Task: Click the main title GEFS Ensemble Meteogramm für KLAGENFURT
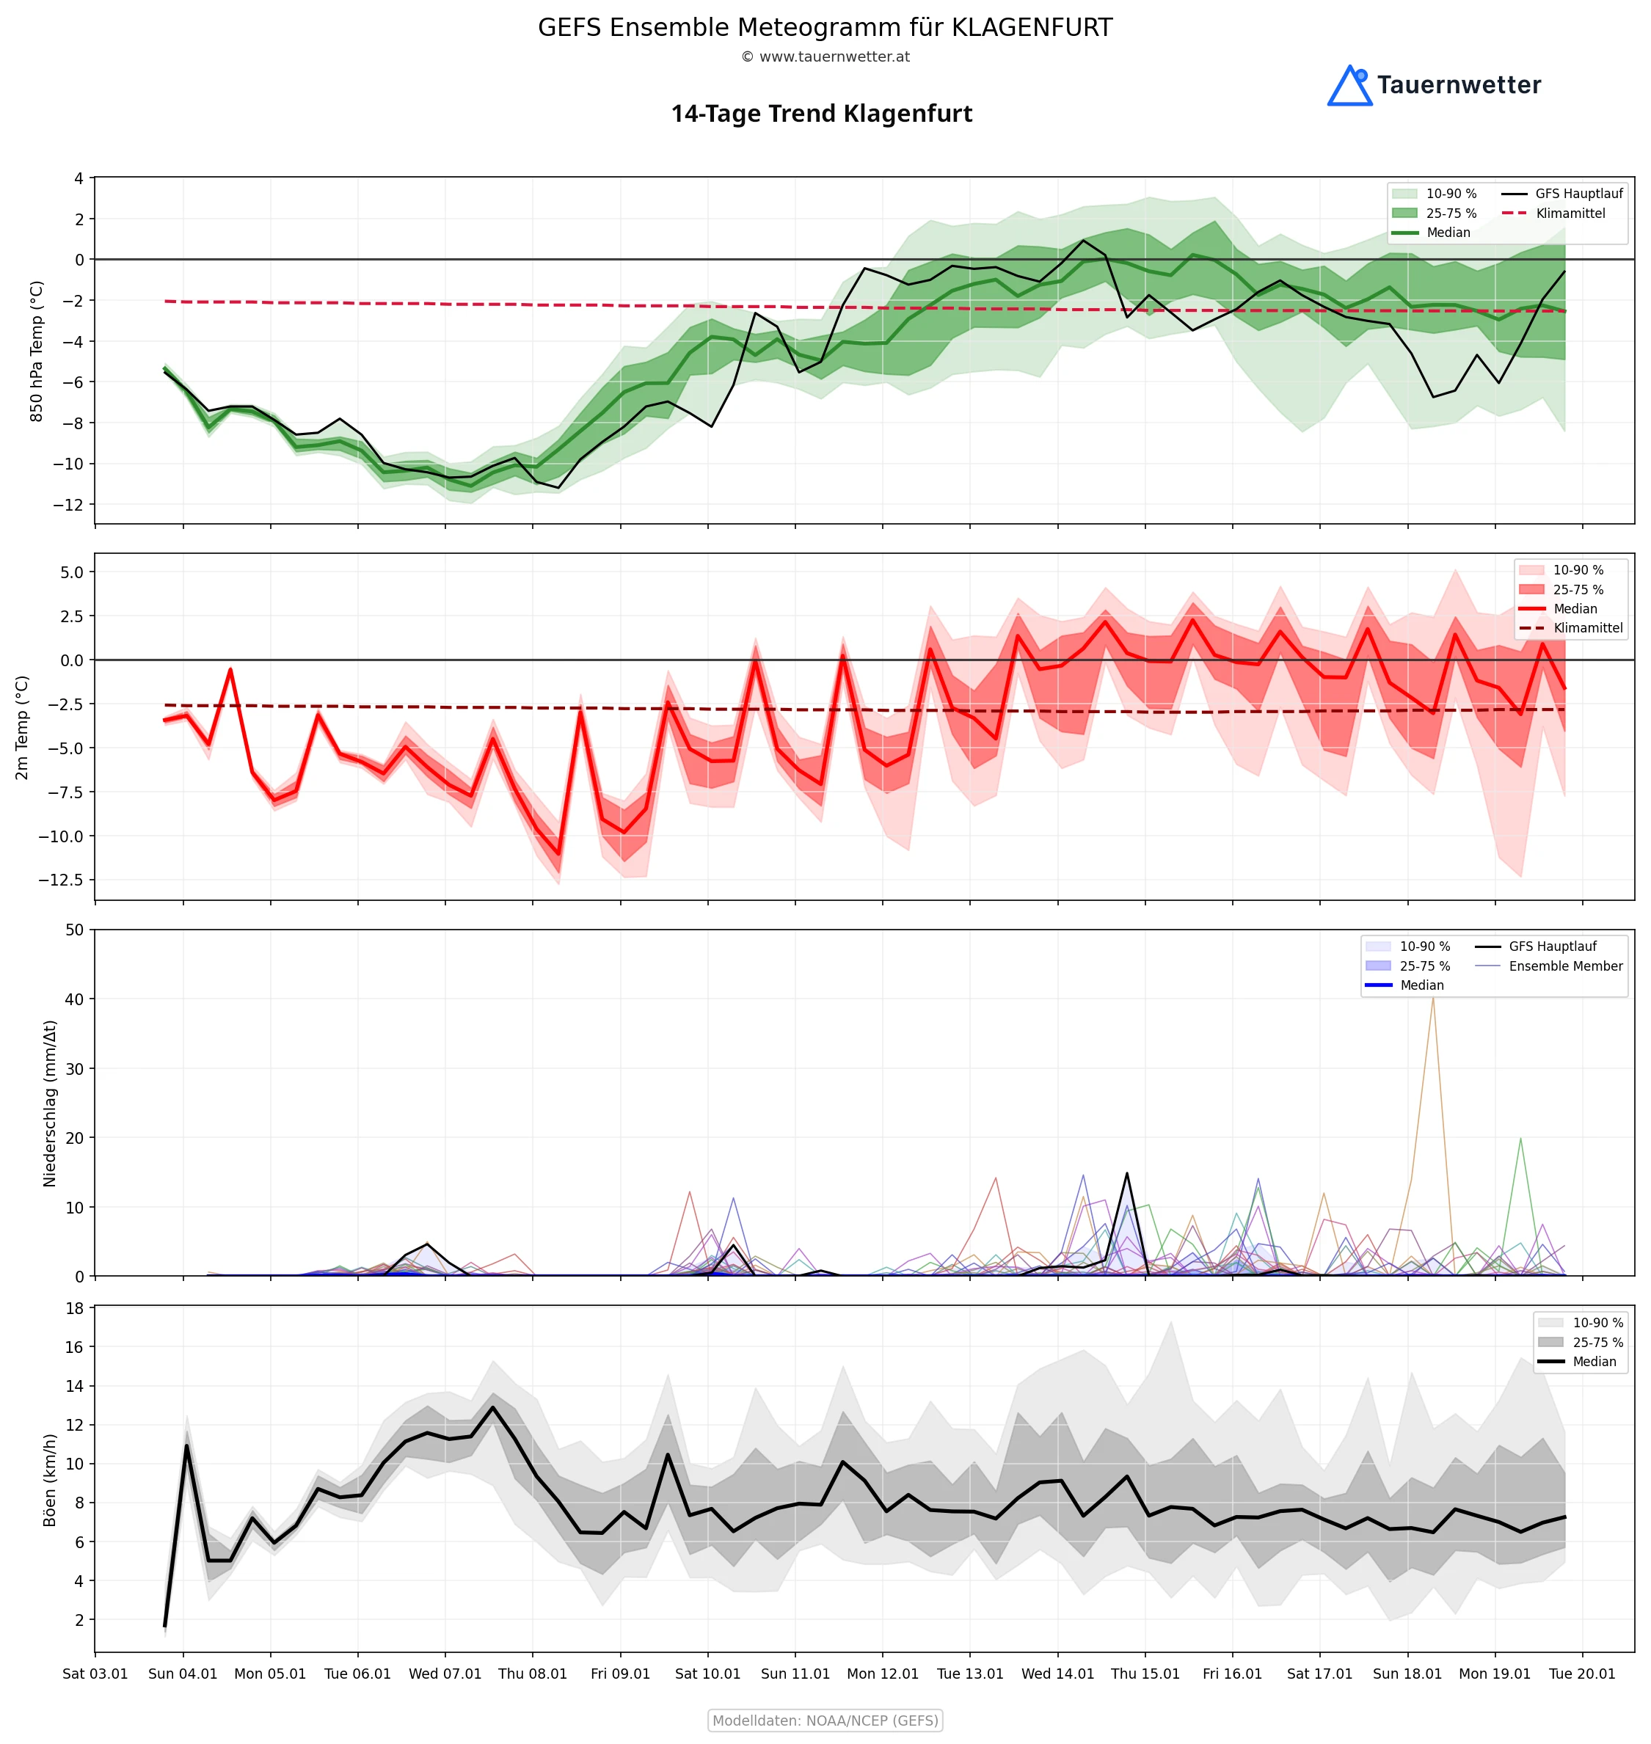[825, 27]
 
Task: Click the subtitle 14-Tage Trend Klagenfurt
[821, 114]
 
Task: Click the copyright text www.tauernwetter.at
[825, 57]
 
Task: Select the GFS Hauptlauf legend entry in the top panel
[1578, 194]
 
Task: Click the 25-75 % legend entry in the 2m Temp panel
[1577, 590]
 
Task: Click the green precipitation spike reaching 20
[1520, 1140]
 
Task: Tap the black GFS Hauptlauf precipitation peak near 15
[1126, 1175]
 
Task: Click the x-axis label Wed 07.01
[445, 1674]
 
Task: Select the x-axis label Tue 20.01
[1581, 1674]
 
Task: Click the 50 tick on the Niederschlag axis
[74, 930]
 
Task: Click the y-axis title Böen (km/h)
[50, 1480]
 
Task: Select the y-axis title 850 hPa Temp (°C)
[37, 351]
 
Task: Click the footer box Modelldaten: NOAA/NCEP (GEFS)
[825, 1721]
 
